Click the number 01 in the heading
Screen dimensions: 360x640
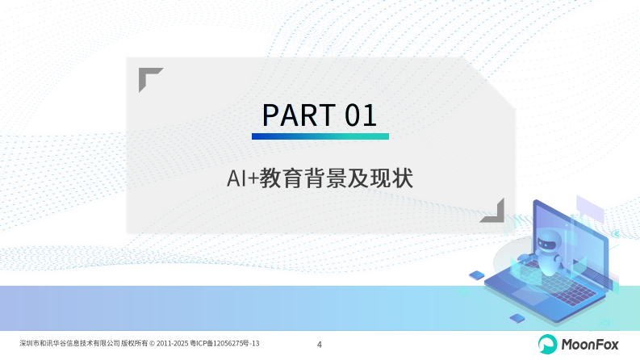361,115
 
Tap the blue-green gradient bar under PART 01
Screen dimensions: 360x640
320,137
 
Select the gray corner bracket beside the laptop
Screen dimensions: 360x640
494,211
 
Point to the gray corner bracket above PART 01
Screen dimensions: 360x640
148,78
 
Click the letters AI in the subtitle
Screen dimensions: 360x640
236,179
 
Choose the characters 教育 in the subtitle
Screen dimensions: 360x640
282,179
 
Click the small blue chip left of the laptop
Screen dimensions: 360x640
476,275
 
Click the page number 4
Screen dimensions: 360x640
320,345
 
